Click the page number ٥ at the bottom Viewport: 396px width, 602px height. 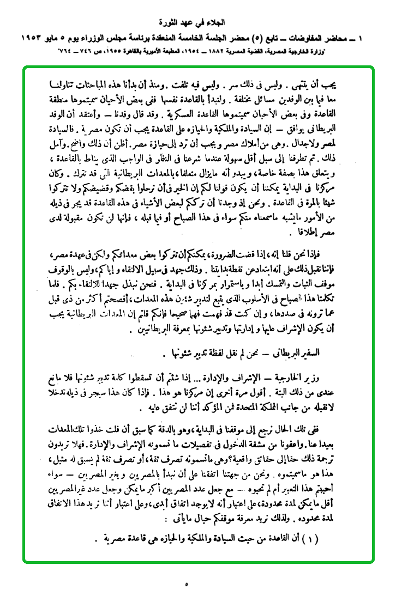[x=187, y=585]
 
